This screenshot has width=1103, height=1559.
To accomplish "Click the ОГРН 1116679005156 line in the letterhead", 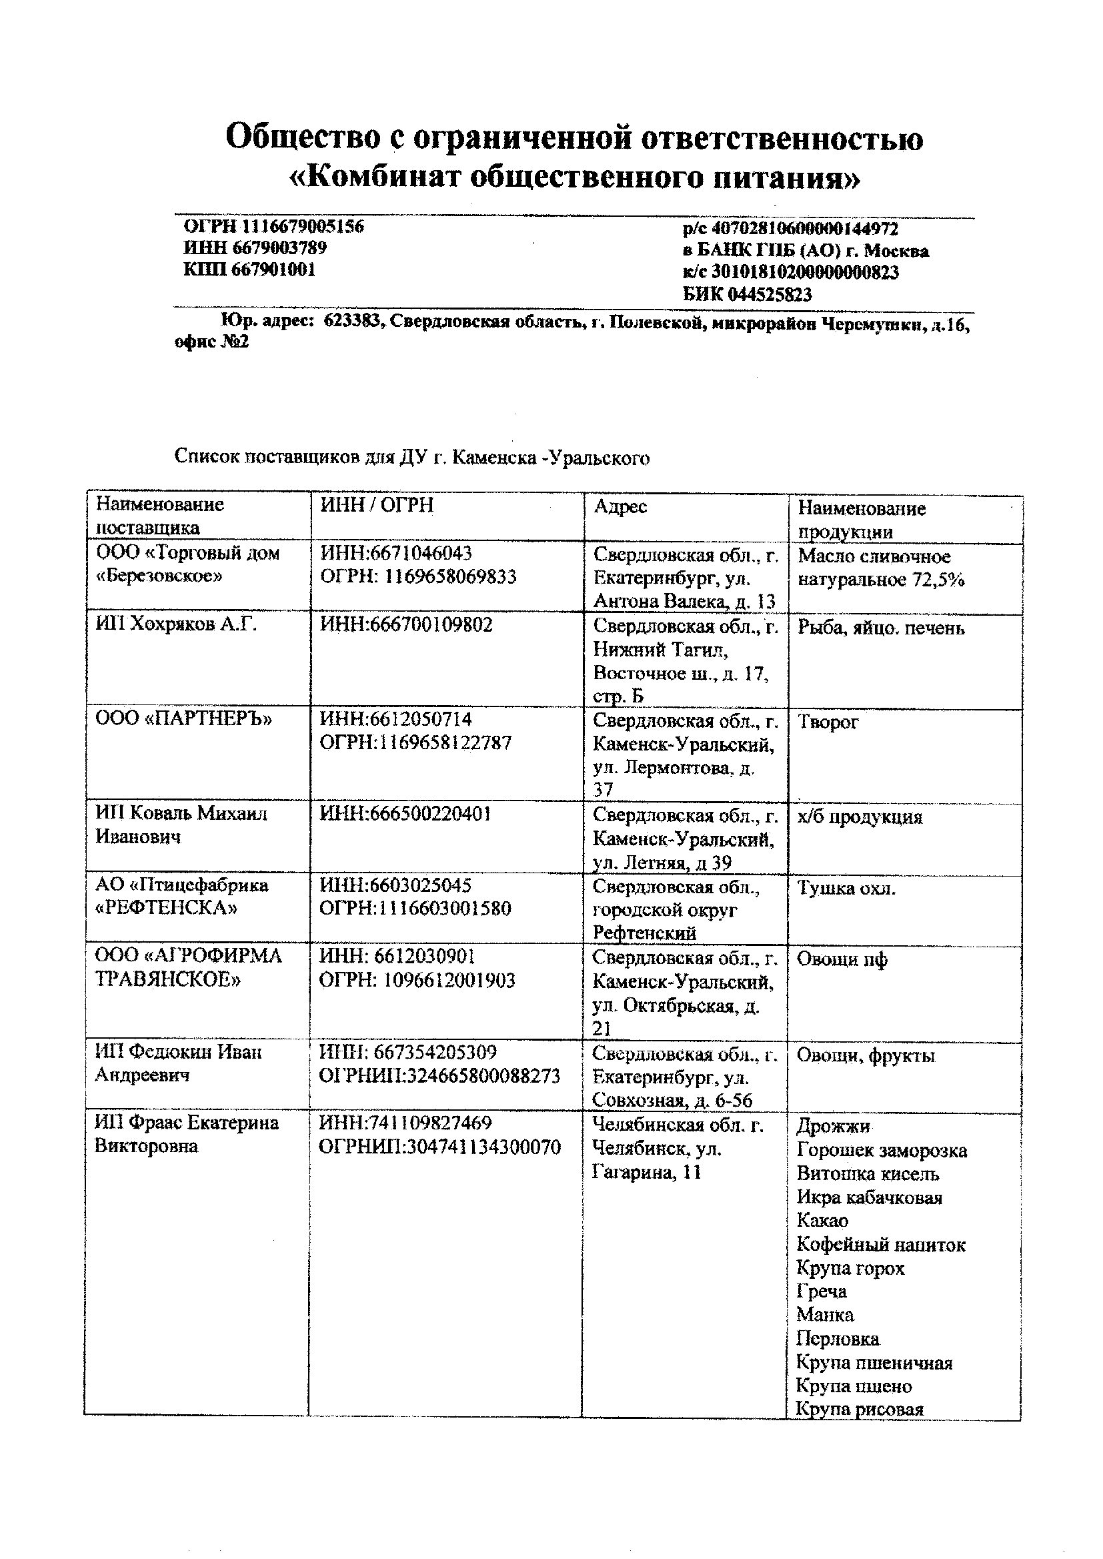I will [273, 226].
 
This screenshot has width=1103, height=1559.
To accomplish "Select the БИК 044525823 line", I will [746, 294].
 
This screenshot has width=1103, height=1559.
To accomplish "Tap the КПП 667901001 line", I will [249, 270].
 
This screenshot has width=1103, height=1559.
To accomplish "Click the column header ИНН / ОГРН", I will [376, 505].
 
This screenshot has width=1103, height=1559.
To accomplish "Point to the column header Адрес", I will [620, 506].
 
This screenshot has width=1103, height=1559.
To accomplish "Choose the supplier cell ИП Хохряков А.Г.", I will [176, 624].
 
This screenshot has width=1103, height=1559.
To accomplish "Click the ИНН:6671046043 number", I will [395, 553].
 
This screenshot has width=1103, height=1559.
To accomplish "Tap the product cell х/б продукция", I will [859, 817].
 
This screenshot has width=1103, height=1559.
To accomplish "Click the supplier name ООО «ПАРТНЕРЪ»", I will [183, 718].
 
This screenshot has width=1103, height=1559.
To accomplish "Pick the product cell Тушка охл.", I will [846, 889].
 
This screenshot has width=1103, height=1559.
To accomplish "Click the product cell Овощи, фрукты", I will [866, 1055].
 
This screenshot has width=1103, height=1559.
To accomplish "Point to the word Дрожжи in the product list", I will [833, 1126].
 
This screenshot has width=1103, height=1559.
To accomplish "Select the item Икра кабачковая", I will [869, 1197].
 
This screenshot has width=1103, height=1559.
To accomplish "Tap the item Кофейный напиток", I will [880, 1245].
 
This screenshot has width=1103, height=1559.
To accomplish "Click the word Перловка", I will [838, 1339].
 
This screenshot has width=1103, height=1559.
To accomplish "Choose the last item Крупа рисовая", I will [859, 1409].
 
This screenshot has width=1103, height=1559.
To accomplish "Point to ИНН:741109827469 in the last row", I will [405, 1123].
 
